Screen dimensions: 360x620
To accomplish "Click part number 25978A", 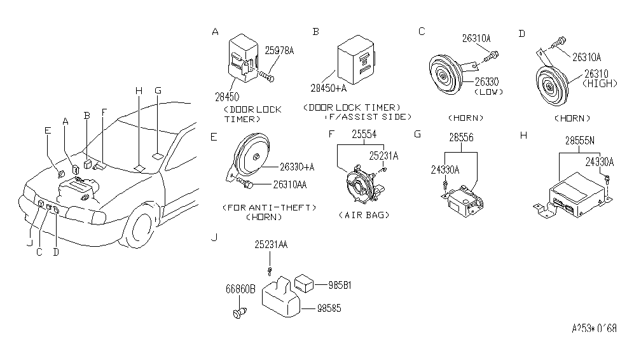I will pos(279,50).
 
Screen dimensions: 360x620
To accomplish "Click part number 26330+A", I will pos(296,167).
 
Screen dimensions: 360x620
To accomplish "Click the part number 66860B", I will pos(240,289).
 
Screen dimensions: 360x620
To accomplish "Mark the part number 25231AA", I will pos(271,245).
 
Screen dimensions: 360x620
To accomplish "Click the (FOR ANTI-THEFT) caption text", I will pos(270,207).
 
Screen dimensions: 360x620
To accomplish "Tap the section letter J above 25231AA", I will pos(214,237).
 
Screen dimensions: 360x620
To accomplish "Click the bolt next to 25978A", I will pos(266,77).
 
